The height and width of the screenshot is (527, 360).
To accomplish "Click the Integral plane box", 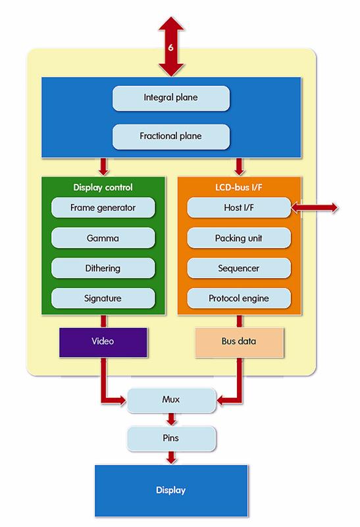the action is [171, 98].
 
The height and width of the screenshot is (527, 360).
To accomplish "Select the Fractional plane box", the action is [171, 136].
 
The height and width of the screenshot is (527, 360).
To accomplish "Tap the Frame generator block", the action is [103, 208].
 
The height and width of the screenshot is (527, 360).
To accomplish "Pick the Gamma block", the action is [103, 238].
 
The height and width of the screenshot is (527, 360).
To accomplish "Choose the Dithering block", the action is [103, 268].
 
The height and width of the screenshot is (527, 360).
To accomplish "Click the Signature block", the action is [103, 298].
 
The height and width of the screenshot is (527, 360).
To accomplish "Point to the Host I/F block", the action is [239, 208].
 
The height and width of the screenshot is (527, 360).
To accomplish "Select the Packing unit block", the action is [239, 238].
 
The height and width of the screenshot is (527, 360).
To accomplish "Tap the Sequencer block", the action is [239, 268].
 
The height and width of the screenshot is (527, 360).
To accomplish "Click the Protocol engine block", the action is [239, 298].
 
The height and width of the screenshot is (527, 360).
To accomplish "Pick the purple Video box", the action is [103, 342].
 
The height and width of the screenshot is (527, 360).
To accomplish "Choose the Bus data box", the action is [239, 342].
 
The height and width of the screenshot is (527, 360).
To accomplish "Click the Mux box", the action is [171, 400].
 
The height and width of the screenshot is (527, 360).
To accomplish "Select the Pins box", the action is [171, 438].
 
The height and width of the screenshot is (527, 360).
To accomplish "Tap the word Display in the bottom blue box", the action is [170, 490].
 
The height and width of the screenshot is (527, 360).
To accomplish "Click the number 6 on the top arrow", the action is [170, 47].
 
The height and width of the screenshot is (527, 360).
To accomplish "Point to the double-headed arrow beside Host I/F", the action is [315, 208].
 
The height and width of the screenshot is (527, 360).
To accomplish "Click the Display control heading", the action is [103, 187].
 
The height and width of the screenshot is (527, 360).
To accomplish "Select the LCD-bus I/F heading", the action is [239, 187].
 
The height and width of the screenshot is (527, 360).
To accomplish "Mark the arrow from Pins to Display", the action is [171, 457].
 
